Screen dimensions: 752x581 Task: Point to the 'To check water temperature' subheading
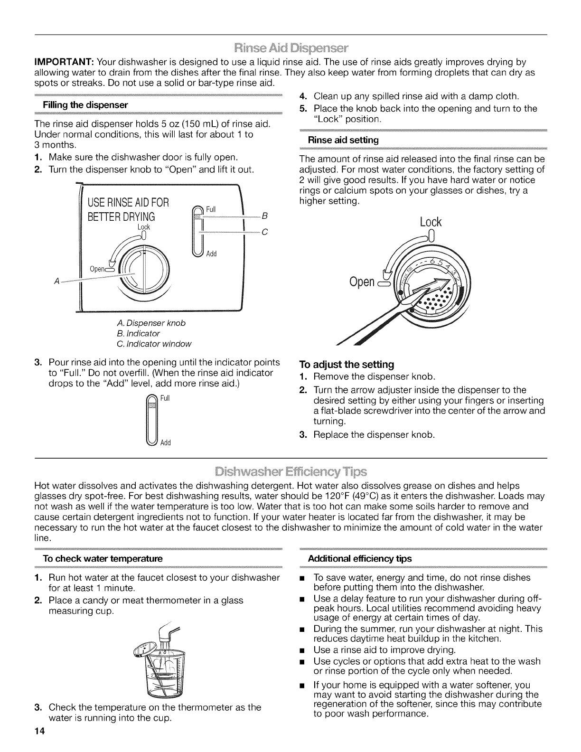(103, 558)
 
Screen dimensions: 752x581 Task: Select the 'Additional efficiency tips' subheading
(360, 558)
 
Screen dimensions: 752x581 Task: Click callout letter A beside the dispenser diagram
(56, 281)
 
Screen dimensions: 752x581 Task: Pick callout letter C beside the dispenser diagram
(265, 233)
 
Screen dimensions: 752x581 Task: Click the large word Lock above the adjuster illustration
(431, 222)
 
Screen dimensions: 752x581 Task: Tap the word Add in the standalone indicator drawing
(166, 443)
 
